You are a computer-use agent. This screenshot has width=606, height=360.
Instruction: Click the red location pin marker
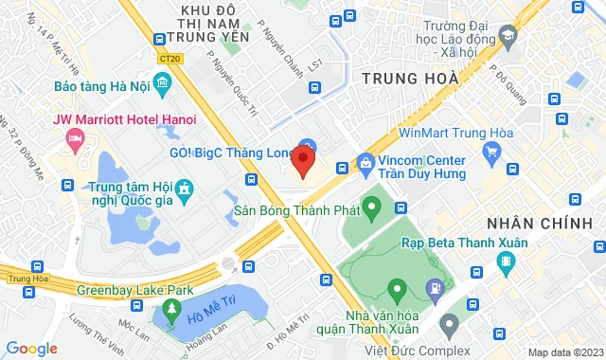click(x=303, y=161)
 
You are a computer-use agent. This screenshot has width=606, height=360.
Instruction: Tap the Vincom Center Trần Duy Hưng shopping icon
click(x=365, y=163)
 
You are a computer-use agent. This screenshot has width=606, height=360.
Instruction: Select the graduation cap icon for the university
click(x=508, y=35)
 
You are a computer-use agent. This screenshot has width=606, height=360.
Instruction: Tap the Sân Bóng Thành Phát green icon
click(x=372, y=205)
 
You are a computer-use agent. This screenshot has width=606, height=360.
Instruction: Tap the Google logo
click(x=31, y=349)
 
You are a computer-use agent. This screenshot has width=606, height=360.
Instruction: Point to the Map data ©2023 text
click(x=565, y=352)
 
